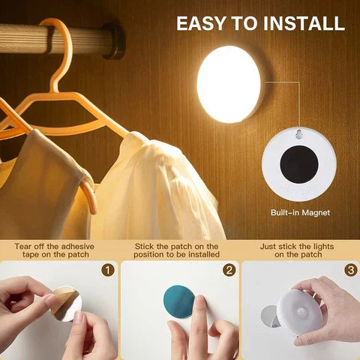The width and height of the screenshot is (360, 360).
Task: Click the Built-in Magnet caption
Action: point(300,213)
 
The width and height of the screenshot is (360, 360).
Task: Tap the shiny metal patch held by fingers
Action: point(68,303)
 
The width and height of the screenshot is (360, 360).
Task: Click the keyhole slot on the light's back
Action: point(300,136)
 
